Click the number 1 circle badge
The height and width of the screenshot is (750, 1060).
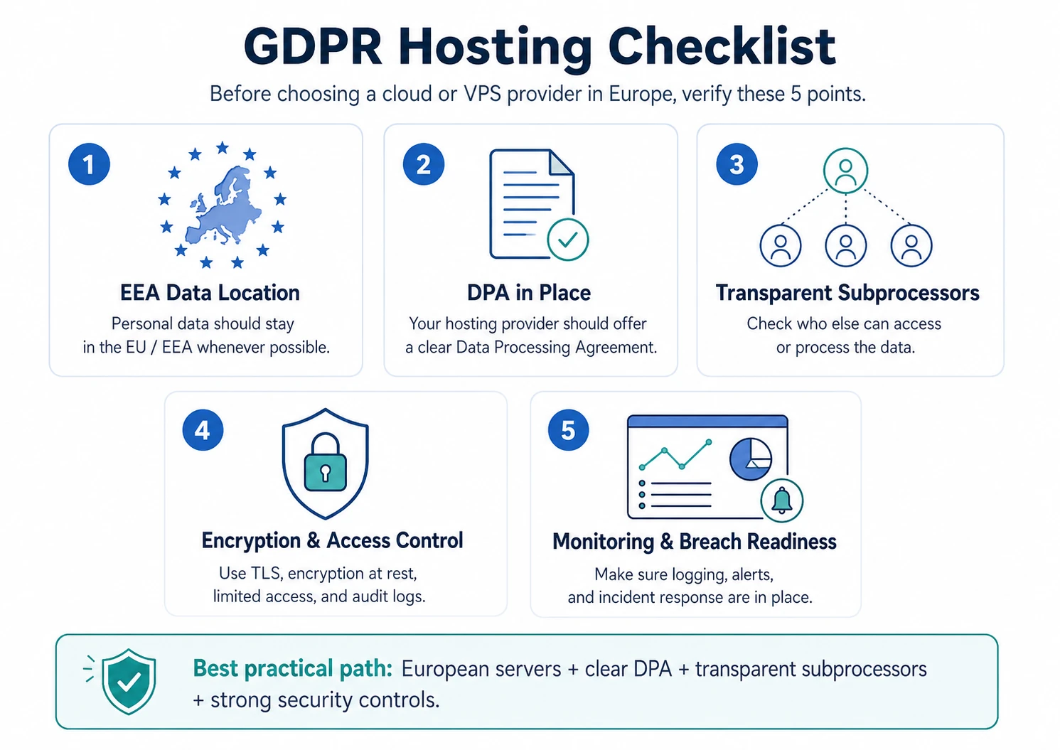coord(89,164)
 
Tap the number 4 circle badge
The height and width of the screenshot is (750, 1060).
coord(203,430)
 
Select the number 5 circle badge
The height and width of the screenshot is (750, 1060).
coord(568,430)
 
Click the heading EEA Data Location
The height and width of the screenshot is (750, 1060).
coord(210,293)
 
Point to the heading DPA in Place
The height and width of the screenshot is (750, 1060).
coord(529,293)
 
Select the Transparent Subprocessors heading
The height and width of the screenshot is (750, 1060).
coord(847,293)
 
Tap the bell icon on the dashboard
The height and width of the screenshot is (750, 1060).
coord(782,500)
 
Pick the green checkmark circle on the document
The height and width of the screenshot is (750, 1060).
coord(568,240)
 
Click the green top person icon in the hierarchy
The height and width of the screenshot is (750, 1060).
coord(845,171)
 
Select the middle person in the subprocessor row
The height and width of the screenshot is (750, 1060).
coord(845,245)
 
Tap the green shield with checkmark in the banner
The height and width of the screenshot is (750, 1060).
coord(129,681)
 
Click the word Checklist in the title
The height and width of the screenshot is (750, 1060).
coord(722,47)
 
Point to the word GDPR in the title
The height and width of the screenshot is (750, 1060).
coord(313,47)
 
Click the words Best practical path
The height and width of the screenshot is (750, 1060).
coord(292,669)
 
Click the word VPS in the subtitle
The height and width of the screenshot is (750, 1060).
coord(482,94)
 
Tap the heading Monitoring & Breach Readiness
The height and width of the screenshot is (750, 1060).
coord(694,542)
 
